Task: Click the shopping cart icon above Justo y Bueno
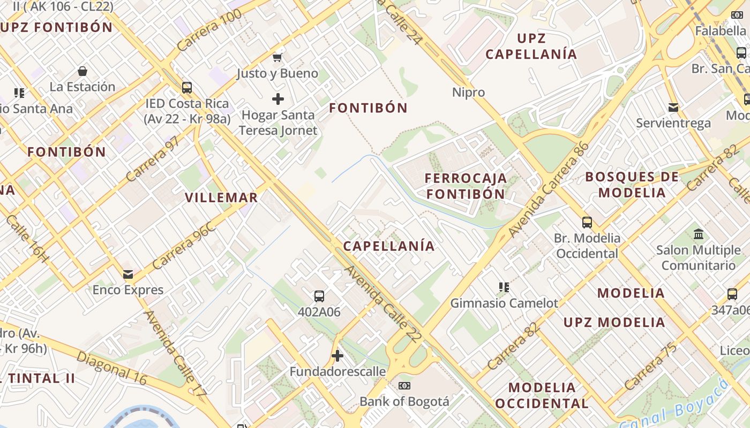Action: tap(277, 57)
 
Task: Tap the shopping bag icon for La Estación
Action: tap(82, 71)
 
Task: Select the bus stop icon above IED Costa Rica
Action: tap(186, 87)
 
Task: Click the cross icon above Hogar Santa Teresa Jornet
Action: tap(277, 99)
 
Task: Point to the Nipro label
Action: tap(468, 92)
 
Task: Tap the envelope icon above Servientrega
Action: tap(673, 108)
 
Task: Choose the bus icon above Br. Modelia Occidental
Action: tap(587, 222)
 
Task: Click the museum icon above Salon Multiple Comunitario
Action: tap(699, 234)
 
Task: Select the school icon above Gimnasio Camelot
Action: tap(504, 287)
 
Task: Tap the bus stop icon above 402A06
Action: tap(319, 296)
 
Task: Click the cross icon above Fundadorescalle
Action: tap(337, 355)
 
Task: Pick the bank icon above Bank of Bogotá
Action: tap(404, 385)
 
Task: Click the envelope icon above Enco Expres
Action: tap(128, 274)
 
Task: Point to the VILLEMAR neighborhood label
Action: tap(221, 197)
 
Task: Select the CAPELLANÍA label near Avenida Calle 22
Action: tap(389, 246)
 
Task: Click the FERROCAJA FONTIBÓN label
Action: tap(466, 186)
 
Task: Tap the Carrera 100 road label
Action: tap(209, 30)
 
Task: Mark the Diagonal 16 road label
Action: tap(111, 368)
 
